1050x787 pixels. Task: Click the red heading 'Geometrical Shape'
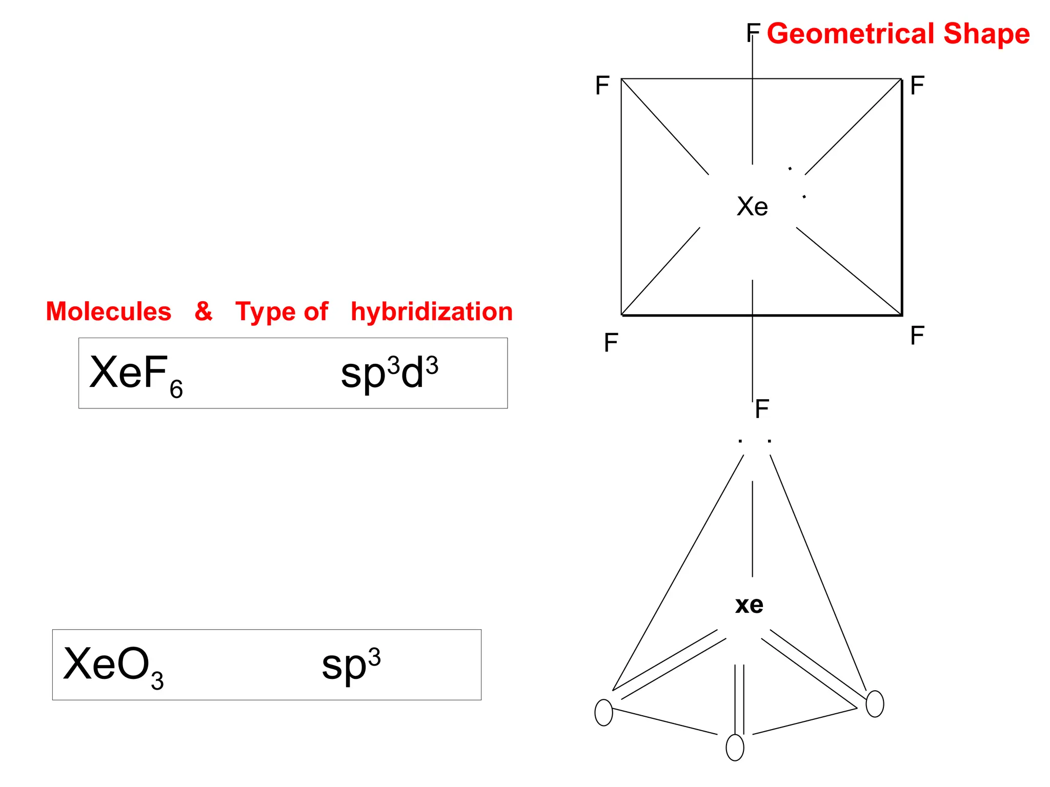(x=898, y=34)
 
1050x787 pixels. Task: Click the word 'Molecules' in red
(x=109, y=312)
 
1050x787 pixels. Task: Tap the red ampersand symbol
(x=204, y=311)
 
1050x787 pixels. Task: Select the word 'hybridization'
(x=432, y=312)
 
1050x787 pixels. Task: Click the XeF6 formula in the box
(x=136, y=374)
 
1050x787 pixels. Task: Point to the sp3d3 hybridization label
(x=389, y=372)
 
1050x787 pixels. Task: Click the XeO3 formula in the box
(x=113, y=666)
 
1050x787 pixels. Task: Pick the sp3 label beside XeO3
(x=351, y=665)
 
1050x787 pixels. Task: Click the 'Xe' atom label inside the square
(x=752, y=206)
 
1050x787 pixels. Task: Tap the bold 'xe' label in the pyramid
(x=749, y=605)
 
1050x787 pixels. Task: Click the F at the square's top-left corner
(x=602, y=86)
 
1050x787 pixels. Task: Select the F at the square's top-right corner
(x=917, y=86)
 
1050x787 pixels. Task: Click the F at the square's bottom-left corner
(x=611, y=343)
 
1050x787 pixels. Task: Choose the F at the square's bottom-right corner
(x=917, y=336)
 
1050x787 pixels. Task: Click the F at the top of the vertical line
(x=753, y=32)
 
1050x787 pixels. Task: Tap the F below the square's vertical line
(x=762, y=409)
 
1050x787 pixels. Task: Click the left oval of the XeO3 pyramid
(x=604, y=712)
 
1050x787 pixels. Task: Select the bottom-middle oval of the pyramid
(x=735, y=748)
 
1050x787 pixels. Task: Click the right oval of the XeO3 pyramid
(x=875, y=704)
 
